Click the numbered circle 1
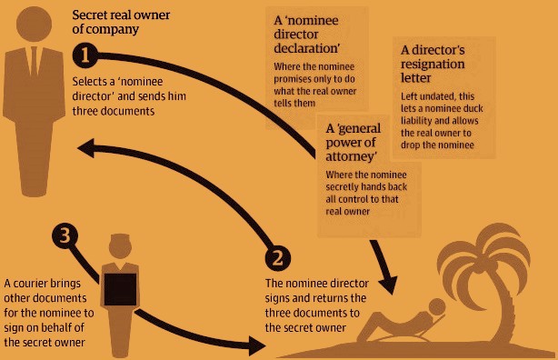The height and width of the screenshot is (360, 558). click(85, 55)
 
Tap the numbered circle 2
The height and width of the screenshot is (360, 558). click(277, 258)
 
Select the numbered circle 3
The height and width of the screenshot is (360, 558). click(65, 235)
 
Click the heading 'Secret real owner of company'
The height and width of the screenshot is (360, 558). click(121, 22)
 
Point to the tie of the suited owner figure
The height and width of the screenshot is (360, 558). click(35, 61)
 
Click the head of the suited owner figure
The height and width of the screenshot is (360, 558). click(35, 25)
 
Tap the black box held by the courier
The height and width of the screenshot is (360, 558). click(120, 289)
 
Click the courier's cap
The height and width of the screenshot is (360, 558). click(120, 238)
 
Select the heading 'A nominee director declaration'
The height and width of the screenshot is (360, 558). click(307, 35)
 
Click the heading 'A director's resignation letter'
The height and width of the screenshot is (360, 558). click(433, 64)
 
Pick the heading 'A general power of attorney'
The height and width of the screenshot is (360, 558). click(353, 143)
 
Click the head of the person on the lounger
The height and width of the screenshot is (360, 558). click(437, 307)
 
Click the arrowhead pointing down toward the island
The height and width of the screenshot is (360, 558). click(388, 285)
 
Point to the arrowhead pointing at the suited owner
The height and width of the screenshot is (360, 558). click(86, 148)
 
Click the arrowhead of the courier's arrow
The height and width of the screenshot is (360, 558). click(257, 345)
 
